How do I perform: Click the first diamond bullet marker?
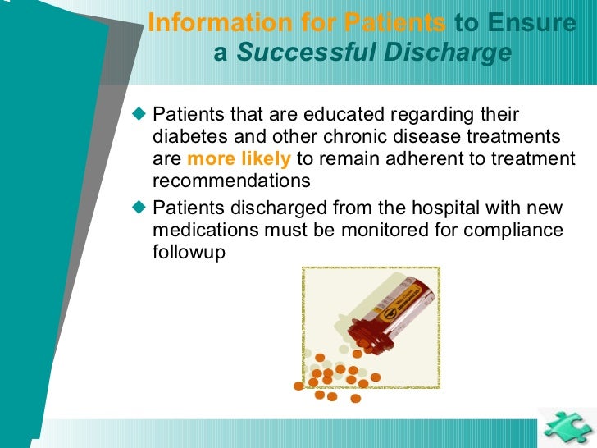coord(139,113)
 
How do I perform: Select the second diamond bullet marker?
coord(139,208)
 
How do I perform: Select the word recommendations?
coord(232,181)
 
